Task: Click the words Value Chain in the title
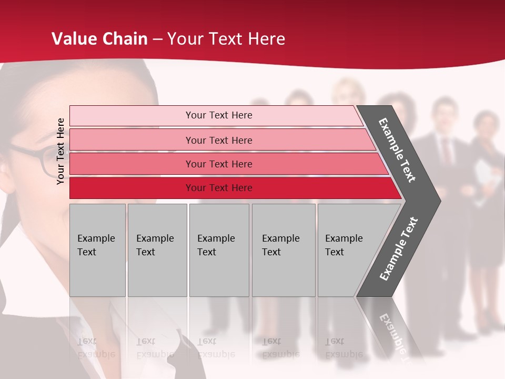[99, 39]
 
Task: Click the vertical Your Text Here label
[60, 151]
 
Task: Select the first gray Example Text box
[97, 250]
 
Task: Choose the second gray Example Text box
[157, 250]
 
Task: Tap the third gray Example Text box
[219, 250]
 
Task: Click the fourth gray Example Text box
[283, 250]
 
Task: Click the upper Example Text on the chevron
[397, 150]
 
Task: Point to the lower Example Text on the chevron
[399, 249]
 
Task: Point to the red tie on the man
[446, 151]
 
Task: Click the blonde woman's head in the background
[348, 92]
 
